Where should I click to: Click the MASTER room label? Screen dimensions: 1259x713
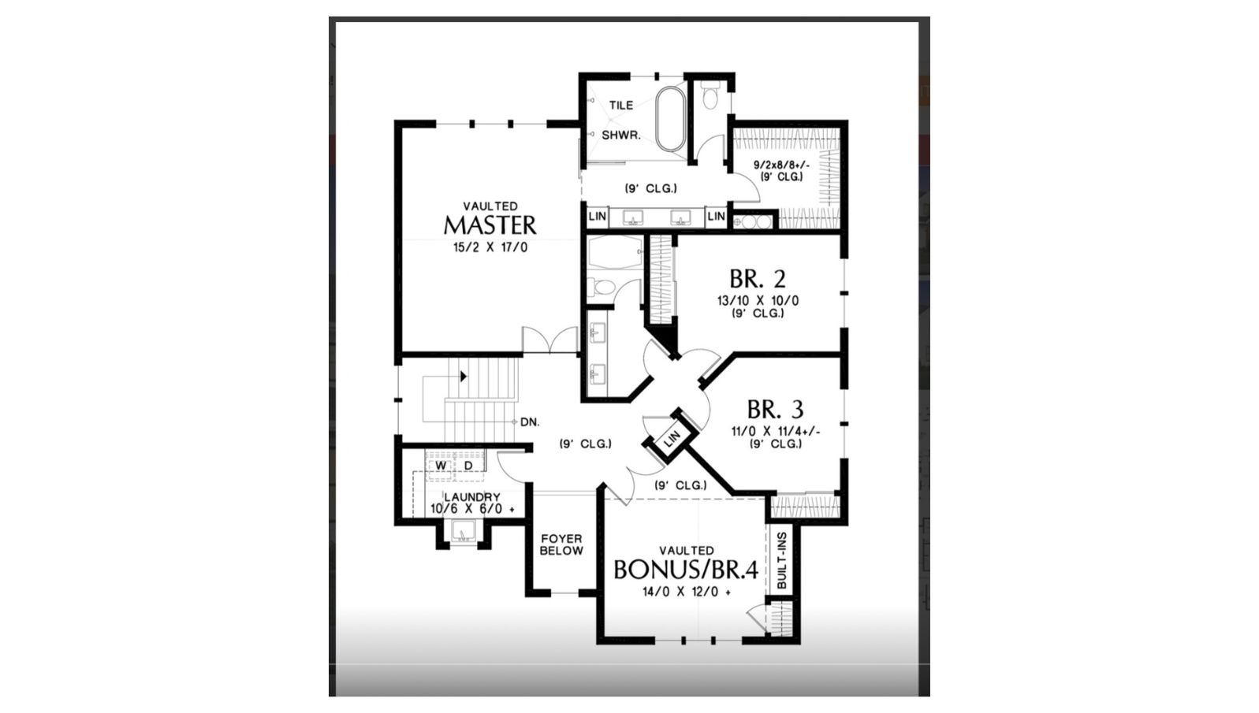tap(490, 225)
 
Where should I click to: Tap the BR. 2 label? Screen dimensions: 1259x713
tap(758, 279)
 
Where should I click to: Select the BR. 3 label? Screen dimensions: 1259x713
tap(775, 410)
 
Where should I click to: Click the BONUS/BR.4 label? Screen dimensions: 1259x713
tap(687, 570)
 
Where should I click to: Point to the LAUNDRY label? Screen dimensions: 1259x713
tap(472, 497)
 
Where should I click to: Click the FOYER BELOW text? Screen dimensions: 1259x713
tap(561, 544)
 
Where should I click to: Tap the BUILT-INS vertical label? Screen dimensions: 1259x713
tap(781, 560)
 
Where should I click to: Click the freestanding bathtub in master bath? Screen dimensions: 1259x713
tap(671, 118)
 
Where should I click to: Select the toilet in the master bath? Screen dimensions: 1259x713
tap(710, 95)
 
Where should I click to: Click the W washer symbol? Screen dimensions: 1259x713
tap(441, 466)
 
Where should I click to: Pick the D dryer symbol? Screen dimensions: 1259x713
tap(468, 466)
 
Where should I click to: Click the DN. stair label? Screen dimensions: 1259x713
tap(530, 422)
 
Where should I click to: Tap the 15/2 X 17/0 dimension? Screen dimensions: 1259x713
tap(490, 247)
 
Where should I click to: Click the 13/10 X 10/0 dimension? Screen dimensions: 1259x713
tap(758, 301)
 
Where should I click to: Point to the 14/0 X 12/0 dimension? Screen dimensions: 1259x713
tap(687, 592)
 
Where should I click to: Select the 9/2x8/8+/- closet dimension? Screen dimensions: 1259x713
tap(781, 165)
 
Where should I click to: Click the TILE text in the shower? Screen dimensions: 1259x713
tap(621, 105)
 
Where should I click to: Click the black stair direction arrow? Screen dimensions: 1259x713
tap(464, 377)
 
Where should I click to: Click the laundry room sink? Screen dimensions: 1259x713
tap(463, 532)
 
